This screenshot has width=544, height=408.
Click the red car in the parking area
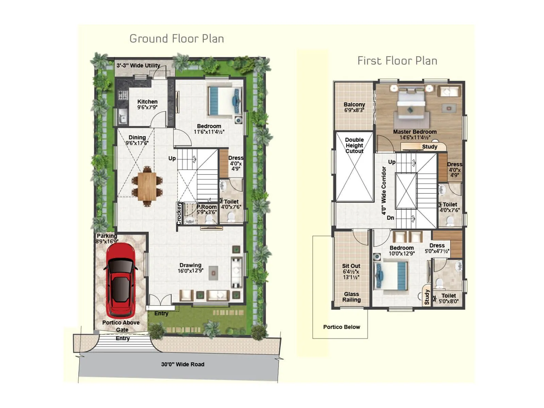[121, 280]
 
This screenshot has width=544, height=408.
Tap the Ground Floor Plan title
[176, 39]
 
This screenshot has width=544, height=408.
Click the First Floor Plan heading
[397, 61]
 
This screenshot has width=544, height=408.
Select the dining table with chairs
[147, 187]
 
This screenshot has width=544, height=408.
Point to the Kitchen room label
[147, 102]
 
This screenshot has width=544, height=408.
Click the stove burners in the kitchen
[123, 95]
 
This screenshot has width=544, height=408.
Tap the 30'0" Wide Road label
[183, 364]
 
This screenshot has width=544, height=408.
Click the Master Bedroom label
[415, 132]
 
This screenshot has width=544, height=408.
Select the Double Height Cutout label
[354, 145]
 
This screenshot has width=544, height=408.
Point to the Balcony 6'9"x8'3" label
[354, 107]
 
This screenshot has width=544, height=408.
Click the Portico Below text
[341, 327]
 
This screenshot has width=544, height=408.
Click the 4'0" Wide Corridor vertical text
[384, 190]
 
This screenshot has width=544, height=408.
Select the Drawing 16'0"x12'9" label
[190, 268]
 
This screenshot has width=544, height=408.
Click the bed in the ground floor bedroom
[224, 101]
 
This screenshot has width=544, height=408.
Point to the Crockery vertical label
[179, 213]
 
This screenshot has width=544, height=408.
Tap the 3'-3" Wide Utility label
[138, 65]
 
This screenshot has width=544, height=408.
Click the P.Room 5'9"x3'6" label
[206, 209]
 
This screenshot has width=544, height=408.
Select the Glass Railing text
[351, 297]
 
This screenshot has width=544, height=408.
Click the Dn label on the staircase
[390, 218]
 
